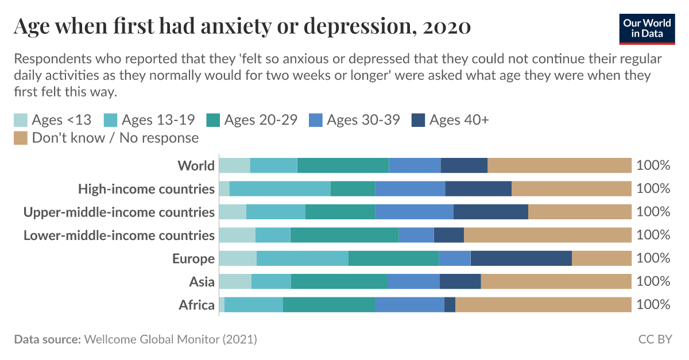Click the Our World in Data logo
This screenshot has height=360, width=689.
pyautogui.click(x=648, y=28)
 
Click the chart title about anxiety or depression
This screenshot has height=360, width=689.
pyautogui.click(x=242, y=26)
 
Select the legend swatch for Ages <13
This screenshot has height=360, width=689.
pyautogui.click(x=21, y=120)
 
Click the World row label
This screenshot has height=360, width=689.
pyautogui.click(x=196, y=166)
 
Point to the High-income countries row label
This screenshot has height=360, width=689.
pyautogui.click(x=146, y=189)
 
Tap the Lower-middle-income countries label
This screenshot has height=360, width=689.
pyautogui.click(x=119, y=235)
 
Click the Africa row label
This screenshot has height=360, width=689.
pyautogui.click(x=196, y=305)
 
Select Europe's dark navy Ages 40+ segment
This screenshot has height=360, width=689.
pyautogui.click(x=521, y=258)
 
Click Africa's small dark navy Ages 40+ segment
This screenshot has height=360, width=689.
pyautogui.click(x=450, y=305)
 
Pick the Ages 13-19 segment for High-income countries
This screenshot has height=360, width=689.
pyautogui.click(x=280, y=189)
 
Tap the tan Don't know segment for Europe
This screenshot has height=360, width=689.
pyautogui.click(x=602, y=258)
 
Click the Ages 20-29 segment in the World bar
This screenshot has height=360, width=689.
pyautogui.click(x=343, y=165)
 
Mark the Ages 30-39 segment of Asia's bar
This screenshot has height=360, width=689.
pyautogui.click(x=413, y=281)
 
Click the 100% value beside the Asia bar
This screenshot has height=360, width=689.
pyautogui.click(x=653, y=281)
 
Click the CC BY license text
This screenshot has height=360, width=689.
pyautogui.click(x=655, y=339)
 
